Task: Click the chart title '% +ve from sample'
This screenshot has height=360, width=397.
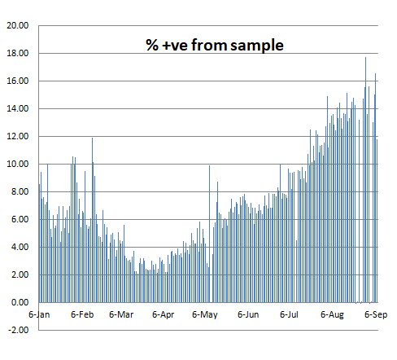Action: [x=215, y=45]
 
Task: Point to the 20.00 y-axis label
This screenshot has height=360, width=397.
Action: [x=18, y=25]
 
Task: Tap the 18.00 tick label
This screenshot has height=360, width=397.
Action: [x=18, y=53]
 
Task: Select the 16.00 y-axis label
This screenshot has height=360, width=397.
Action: [x=18, y=81]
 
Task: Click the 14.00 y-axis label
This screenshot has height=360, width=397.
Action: [x=18, y=108]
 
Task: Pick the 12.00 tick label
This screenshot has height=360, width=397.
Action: [x=18, y=136]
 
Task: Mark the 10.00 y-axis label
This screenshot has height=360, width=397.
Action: [x=18, y=164]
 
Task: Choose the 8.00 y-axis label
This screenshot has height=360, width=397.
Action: [x=20, y=191]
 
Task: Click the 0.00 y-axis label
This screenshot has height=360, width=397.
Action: [x=20, y=302]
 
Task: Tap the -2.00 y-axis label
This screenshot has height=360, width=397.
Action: [x=18, y=330]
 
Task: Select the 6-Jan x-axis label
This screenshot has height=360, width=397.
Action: [x=39, y=314]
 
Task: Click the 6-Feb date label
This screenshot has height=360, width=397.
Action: [x=82, y=314]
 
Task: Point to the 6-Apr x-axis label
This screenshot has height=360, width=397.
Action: [x=164, y=315]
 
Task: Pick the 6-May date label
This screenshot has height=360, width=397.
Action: [x=205, y=315]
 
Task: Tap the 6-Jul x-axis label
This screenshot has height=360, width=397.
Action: [x=289, y=314]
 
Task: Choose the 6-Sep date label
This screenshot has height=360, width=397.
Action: [x=376, y=315]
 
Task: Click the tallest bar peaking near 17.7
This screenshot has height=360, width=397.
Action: [x=365, y=180]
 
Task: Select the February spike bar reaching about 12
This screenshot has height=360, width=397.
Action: [x=92, y=220]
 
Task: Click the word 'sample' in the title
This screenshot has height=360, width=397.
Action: [x=257, y=46]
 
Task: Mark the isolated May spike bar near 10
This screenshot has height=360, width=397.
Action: [x=209, y=234]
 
